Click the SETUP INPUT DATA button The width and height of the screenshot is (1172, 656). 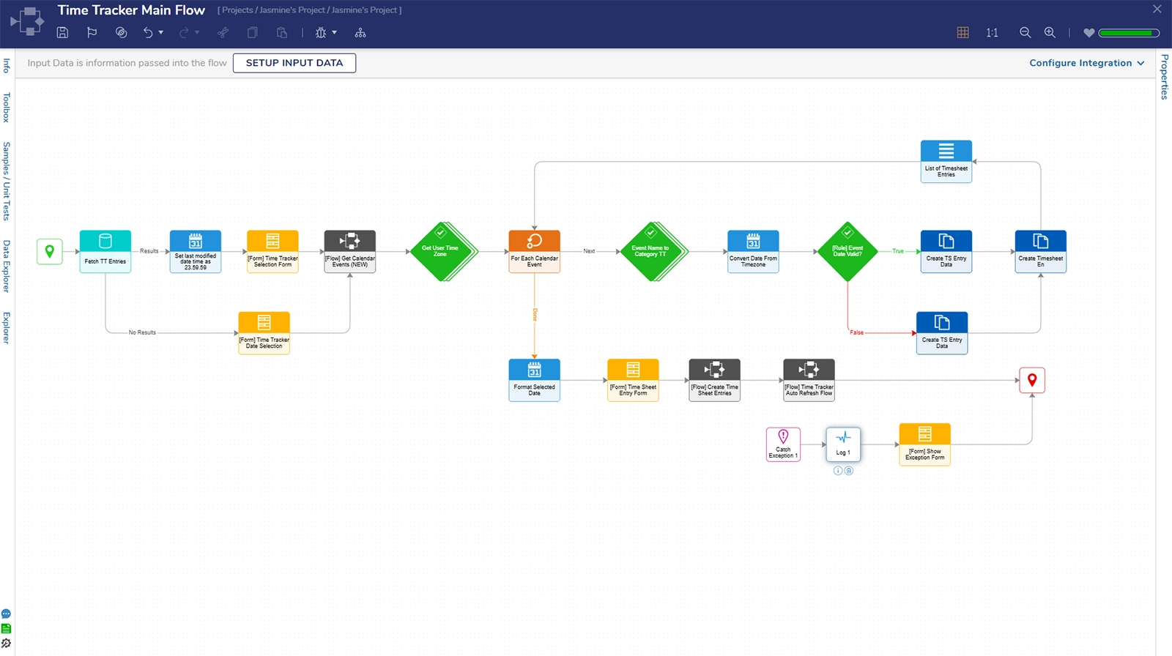coord(294,63)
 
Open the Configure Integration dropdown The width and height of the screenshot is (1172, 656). coord(1086,63)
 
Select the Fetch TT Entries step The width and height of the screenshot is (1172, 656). coord(105,251)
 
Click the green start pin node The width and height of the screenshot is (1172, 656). coord(50,251)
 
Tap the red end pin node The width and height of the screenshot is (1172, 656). coord(1031,380)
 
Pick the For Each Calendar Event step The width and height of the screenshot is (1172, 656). coord(534,251)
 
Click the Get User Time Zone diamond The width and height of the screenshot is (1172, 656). coord(440,251)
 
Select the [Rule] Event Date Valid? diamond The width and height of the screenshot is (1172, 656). coord(848,251)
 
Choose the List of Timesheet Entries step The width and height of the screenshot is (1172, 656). coord(946,161)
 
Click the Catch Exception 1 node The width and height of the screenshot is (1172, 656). coord(783,444)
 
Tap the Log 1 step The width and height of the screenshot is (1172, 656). coord(843,444)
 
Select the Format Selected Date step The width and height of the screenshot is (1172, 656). coord(534,379)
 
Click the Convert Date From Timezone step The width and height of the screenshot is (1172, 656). coord(753,251)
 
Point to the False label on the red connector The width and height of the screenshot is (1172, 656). coord(856,332)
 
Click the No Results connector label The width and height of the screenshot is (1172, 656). coord(142,332)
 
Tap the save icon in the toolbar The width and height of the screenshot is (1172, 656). coord(62,32)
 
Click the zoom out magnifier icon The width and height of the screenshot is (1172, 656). coord(1025,32)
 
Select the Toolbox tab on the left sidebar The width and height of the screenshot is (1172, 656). coord(7,107)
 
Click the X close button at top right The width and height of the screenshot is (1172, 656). coord(1157,10)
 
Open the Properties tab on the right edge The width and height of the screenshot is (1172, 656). coord(1164,77)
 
